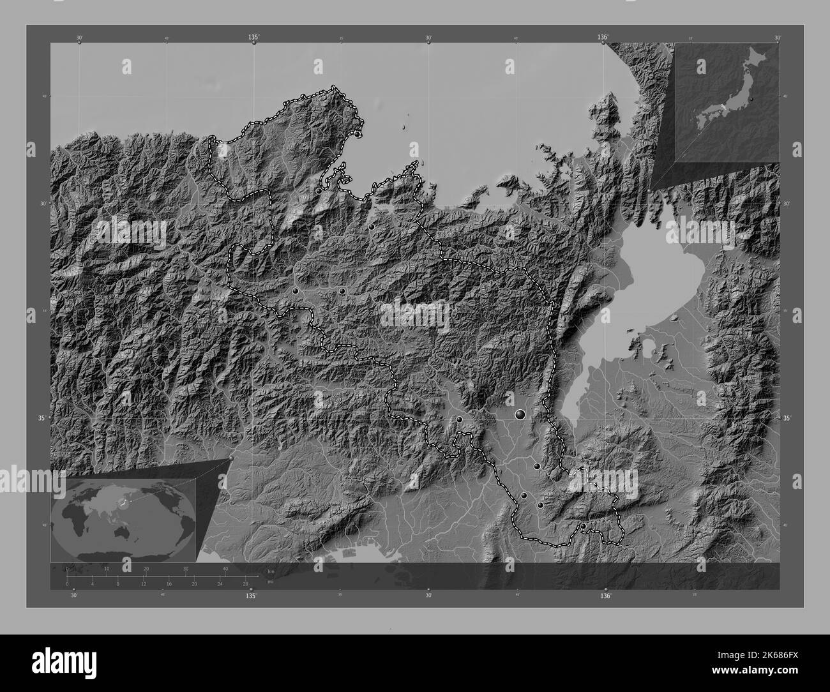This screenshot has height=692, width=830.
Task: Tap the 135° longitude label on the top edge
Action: pos(253,38)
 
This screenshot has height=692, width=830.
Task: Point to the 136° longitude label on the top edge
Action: pos(603,38)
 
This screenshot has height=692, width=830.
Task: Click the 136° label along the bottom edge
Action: pos(605,596)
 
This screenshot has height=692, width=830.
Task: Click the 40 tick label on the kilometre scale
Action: pos(225,569)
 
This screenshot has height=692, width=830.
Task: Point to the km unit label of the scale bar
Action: pos(271,570)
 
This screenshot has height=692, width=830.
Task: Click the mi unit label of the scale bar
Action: pos(271,582)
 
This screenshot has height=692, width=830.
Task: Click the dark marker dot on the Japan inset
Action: pos(752,100)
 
